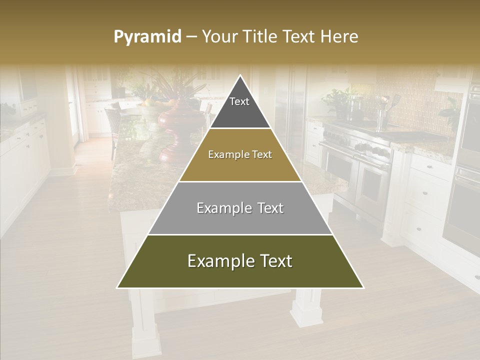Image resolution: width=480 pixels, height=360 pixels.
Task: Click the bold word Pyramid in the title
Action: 147,37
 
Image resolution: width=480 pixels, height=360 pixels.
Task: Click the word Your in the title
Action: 220,37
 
